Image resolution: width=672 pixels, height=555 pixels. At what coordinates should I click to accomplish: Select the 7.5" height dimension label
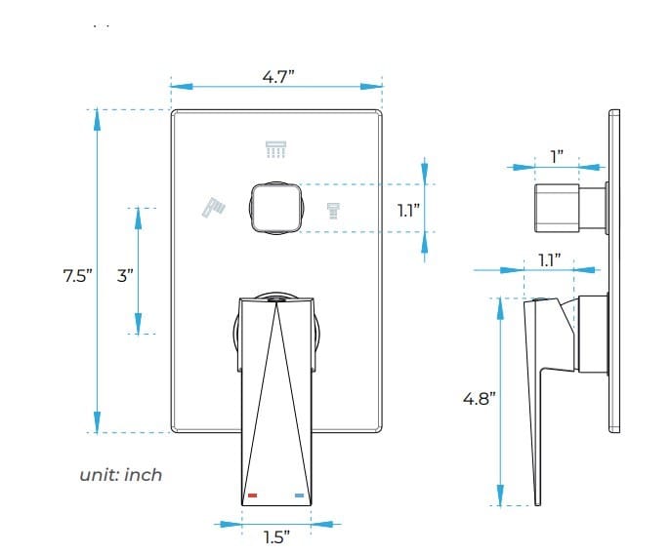[76, 275]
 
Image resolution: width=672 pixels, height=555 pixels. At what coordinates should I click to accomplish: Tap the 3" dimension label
[124, 275]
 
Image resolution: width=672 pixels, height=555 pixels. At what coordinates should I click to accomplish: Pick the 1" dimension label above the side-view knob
[557, 156]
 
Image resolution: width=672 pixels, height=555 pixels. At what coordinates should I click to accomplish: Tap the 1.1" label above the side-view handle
[550, 259]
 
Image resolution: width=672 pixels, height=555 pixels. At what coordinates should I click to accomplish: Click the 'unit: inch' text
[120, 475]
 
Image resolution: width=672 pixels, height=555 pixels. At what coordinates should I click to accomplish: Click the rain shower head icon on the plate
[276, 149]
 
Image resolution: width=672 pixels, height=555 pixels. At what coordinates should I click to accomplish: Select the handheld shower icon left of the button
[213, 207]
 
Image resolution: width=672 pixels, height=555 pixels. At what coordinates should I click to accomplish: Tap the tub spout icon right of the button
[333, 210]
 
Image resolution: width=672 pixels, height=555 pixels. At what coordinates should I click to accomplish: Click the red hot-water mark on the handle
[253, 496]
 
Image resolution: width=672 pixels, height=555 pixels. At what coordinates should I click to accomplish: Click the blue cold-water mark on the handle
[298, 496]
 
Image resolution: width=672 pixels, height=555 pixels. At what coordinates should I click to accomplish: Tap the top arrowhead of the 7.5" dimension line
[97, 117]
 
